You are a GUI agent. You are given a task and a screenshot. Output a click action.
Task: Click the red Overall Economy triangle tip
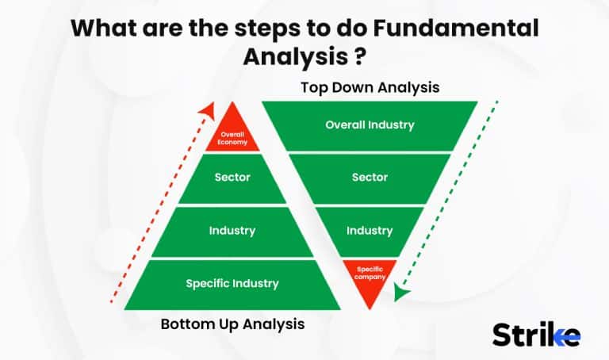pyautogui.click(x=232, y=137)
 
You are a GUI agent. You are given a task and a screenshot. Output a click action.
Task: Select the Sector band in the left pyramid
pyautogui.click(x=232, y=178)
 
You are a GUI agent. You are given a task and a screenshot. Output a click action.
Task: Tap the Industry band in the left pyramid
pyautogui.click(x=232, y=231)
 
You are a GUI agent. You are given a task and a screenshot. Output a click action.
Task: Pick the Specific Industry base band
pyautogui.click(x=232, y=283)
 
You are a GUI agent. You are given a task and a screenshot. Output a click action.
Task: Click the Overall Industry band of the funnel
pyautogui.click(x=370, y=125)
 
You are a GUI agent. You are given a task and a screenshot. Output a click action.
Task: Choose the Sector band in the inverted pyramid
pyautogui.click(x=370, y=178)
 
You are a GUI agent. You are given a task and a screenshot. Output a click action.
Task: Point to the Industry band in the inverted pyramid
pyautogui.click(x=370, y=231)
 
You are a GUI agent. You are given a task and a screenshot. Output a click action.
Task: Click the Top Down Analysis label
pyautogui.click(x=370, y=87)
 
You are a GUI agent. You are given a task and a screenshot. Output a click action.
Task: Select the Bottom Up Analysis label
pyautogui.click(x=232, y=324)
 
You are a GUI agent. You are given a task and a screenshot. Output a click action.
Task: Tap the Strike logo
pyautogui.click(x=536, y=334)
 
